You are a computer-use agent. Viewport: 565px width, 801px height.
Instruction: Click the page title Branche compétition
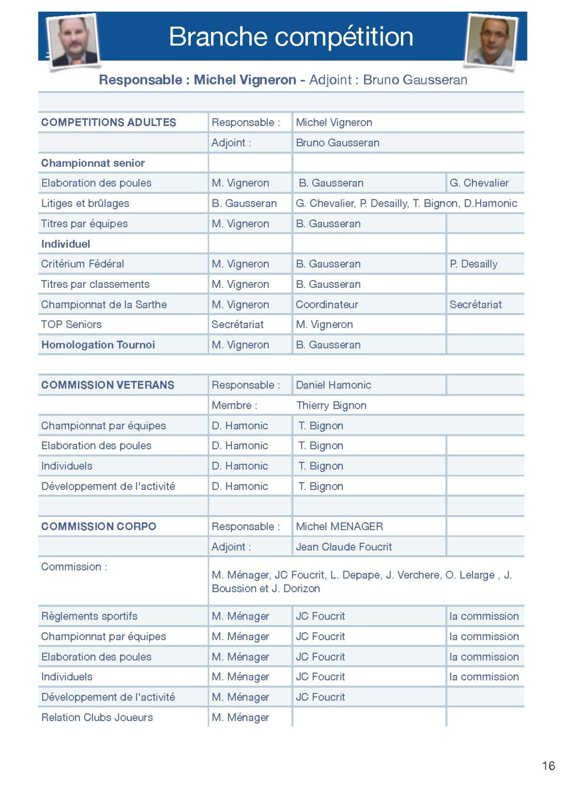coord(290,37)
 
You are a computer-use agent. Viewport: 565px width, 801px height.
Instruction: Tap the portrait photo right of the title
coord(490,41)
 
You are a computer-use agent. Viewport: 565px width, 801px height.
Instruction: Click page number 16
coord(548,766)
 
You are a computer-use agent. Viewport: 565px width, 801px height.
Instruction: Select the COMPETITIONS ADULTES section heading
coord(108,122)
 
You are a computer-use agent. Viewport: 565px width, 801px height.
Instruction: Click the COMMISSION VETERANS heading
coord(107,385)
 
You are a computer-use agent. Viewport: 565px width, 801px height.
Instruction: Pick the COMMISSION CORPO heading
coord(99,526)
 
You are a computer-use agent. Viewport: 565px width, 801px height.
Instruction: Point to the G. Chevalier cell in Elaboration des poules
coord(479,183)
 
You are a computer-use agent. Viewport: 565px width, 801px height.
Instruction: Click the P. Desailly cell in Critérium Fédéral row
coord(473,264)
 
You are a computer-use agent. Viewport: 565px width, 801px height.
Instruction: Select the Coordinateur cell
coord(326,304)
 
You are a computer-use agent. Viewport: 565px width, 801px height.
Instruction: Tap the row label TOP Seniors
coord(71,324)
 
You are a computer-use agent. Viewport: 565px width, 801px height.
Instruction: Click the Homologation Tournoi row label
coord(98,345)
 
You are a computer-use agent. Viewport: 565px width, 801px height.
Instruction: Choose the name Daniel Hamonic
coord(333,385)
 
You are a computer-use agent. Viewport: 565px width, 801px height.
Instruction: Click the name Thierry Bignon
coord(331,405)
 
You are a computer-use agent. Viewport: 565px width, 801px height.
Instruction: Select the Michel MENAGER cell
coord(339,526)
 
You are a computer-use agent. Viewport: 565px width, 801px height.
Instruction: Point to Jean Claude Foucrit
coord(343,547)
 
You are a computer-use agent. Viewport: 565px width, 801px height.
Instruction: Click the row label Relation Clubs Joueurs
coord(97,717)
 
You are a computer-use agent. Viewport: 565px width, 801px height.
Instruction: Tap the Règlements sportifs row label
coord(89,616)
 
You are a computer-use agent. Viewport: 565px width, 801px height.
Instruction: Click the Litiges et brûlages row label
coord(85,203)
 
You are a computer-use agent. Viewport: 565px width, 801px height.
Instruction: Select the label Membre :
coord(234,405)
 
